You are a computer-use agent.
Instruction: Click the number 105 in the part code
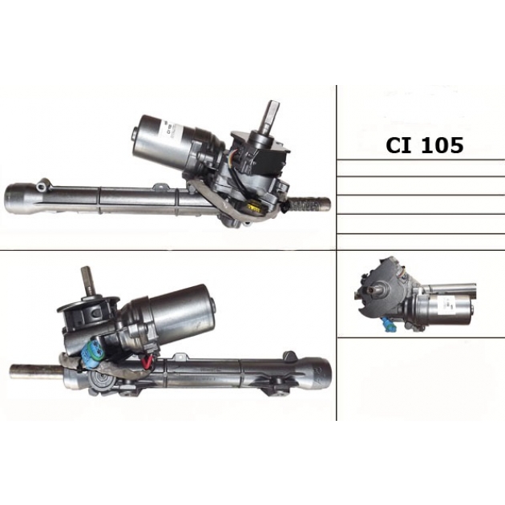click(x=442, y=145)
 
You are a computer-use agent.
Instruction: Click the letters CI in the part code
click(x=398, y=145)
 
